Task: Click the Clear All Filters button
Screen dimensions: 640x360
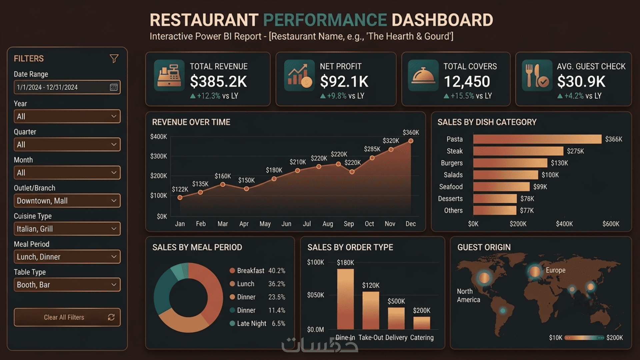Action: click(67, 317)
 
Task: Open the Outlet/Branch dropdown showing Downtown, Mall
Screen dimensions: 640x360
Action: click(67, 201)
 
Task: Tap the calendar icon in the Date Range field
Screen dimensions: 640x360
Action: click(114, 87)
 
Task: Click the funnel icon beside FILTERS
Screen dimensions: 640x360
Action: click(114, 59)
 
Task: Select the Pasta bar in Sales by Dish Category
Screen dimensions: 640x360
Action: click(537, 139)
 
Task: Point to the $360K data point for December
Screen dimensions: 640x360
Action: click(411, 141)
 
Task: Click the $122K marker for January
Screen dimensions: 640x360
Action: click(180, 198)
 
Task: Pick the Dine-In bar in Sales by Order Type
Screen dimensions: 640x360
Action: click(345, 299)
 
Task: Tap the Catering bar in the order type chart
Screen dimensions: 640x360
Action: click(422, 323)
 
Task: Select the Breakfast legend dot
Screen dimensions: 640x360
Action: click(232, 271)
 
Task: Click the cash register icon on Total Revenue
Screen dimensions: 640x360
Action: click(169, 75)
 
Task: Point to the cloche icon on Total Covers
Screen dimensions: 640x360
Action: click(423, 75)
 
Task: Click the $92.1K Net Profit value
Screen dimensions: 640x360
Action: click(344, 82)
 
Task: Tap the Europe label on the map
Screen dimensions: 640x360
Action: click(555, 270)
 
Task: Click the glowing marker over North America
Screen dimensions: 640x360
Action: click(484, 277)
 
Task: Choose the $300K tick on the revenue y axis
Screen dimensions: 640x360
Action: click(159, 156)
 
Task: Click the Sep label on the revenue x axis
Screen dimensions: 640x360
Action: click(349, 224)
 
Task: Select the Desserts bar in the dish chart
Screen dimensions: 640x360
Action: click(495, 199)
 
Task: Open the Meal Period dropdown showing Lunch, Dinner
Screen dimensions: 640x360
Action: click(67, 257)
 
